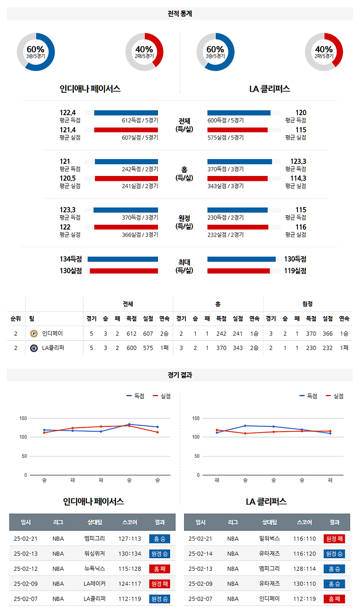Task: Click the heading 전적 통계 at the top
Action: tap(180, 14)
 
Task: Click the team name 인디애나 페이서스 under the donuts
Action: tap(90, 89)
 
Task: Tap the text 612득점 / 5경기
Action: tap(139, 120)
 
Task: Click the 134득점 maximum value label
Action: tap(71, 259)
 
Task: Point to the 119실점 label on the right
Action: tap(295, 271)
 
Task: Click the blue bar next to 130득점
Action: tap(241, 259)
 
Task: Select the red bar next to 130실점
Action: tap(124, 271)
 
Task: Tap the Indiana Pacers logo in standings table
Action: tap(34, 334)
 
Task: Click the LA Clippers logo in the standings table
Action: tap(34, 348)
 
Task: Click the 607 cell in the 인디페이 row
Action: tap(148, 334)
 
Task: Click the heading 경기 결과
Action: tap(180, 375)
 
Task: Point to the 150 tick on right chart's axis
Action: tap(196, 418)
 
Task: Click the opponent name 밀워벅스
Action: tap(270, 538)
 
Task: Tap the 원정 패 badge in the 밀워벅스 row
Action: tap(334, 539)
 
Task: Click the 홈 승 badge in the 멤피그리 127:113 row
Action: tap(159, 539)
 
